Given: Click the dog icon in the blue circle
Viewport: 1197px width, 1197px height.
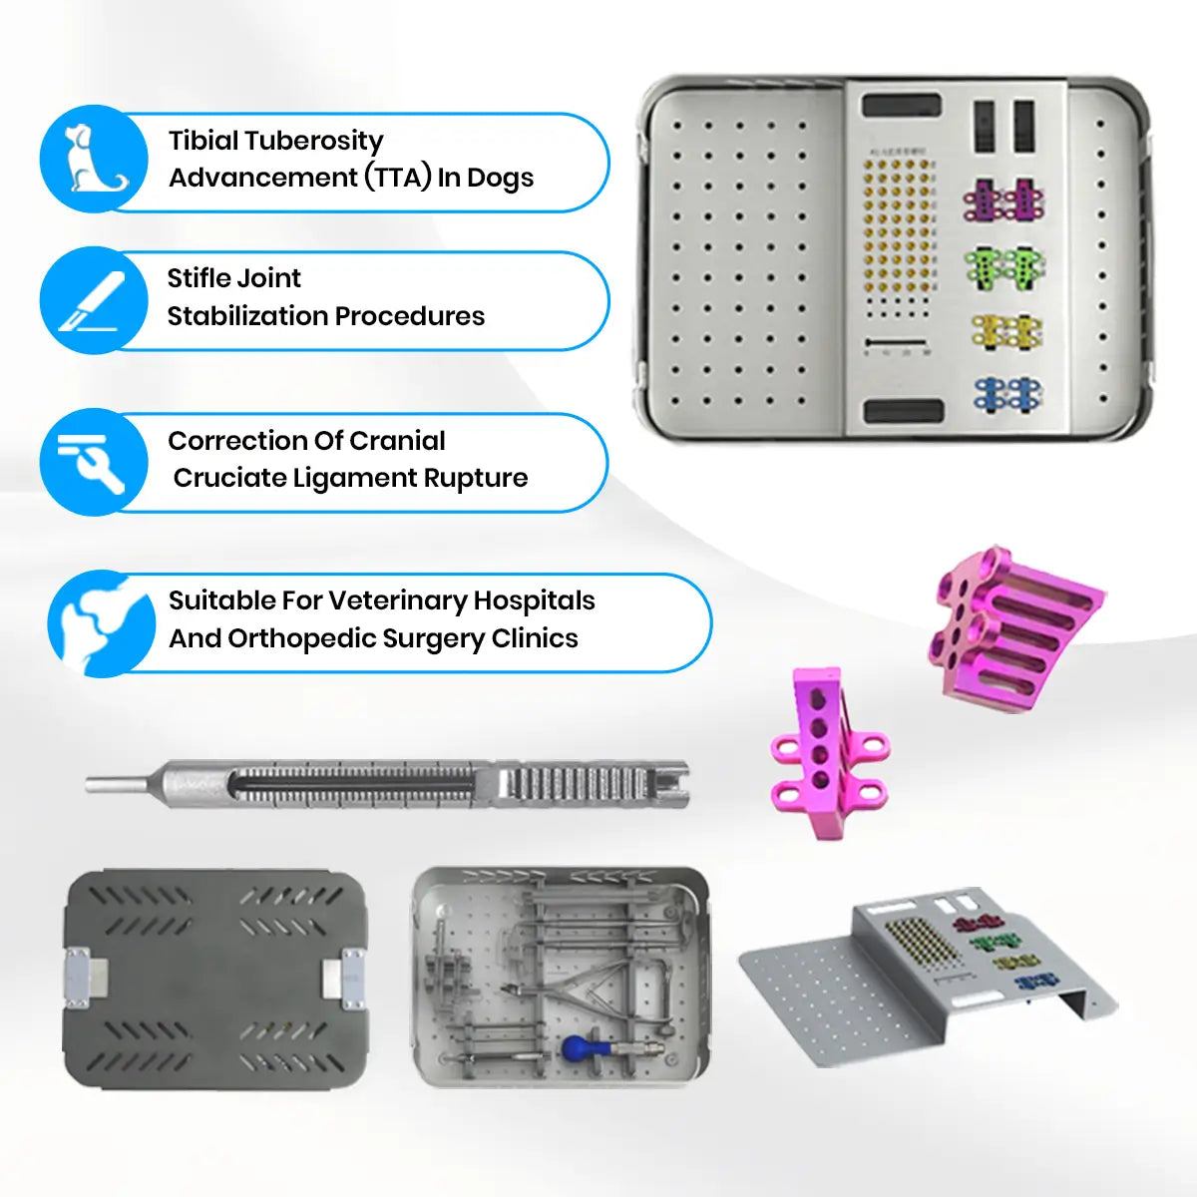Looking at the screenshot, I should click(94, 160).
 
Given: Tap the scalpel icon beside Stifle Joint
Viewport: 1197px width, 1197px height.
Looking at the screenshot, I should click(94, 299).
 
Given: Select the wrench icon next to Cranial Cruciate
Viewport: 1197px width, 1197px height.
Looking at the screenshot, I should click(94, 461).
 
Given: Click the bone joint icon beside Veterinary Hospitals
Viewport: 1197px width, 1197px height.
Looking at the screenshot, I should click(100, 624).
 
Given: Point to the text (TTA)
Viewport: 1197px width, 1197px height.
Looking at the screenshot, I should click(397, 178).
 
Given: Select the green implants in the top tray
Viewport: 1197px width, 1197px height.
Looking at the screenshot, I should click(1002, 267).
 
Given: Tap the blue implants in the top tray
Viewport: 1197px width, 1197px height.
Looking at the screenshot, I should click(1005, 393).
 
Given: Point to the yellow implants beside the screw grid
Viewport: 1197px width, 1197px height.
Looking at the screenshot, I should click(1005, 331).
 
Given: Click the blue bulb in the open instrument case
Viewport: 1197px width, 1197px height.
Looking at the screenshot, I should click(578, 1048).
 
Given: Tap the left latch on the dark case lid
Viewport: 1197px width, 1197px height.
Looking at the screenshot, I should click(79, 975).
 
